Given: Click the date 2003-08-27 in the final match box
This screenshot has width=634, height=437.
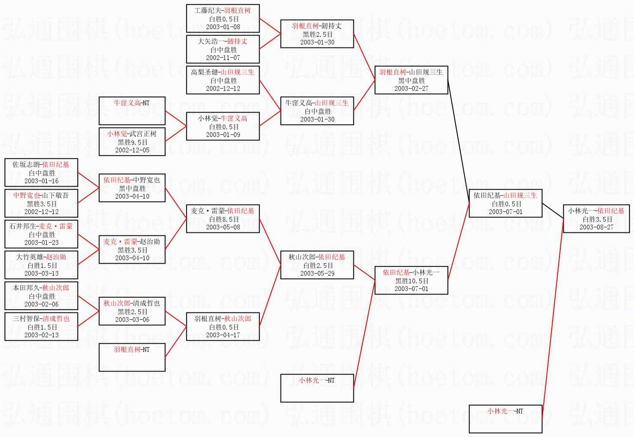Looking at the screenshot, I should click(596, 227).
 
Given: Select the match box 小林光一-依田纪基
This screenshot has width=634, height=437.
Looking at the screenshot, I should click(596, 219).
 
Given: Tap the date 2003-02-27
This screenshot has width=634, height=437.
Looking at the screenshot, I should click(411, 89).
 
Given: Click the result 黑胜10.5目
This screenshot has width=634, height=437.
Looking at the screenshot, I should click(411, 281).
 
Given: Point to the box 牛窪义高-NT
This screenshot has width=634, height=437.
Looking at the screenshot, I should click(132, 111).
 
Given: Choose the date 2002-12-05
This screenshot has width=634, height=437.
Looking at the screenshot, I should click(132, 150).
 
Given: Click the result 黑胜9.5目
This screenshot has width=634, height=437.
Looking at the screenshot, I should click(132, 142).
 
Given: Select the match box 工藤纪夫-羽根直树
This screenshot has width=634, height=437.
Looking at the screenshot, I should click(223, 18).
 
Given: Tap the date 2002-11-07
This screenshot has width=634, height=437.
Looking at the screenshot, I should click(223, 58).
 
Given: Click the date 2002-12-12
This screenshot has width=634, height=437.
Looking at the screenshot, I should click(223, 89).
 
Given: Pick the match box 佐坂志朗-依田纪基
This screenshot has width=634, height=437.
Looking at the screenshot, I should click(41, 172).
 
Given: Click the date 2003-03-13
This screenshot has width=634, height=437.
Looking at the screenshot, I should click(41, 273).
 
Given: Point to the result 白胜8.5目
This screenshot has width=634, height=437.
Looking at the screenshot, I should click(223, 219).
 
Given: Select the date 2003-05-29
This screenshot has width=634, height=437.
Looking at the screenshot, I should click(317, 273).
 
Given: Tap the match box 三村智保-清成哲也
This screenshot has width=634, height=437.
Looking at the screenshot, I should click(41, 327).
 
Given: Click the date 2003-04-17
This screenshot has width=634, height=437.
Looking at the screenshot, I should click(223, 335).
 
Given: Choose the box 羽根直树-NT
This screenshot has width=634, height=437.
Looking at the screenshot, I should click(132, 357).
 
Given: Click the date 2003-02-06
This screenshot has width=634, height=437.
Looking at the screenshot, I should click(41, 304).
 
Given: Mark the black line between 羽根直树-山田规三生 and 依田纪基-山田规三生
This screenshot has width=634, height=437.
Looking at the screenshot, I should click(459, 142).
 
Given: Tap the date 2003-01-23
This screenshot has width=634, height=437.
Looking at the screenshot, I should click(41, 243).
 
